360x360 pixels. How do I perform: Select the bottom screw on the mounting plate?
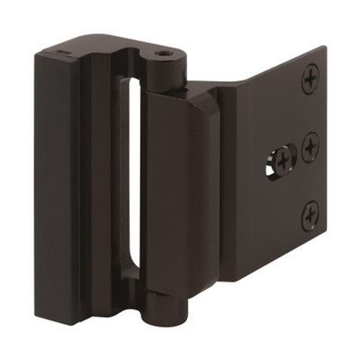coord(310,213)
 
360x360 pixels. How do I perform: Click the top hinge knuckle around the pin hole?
coord(165,67)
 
